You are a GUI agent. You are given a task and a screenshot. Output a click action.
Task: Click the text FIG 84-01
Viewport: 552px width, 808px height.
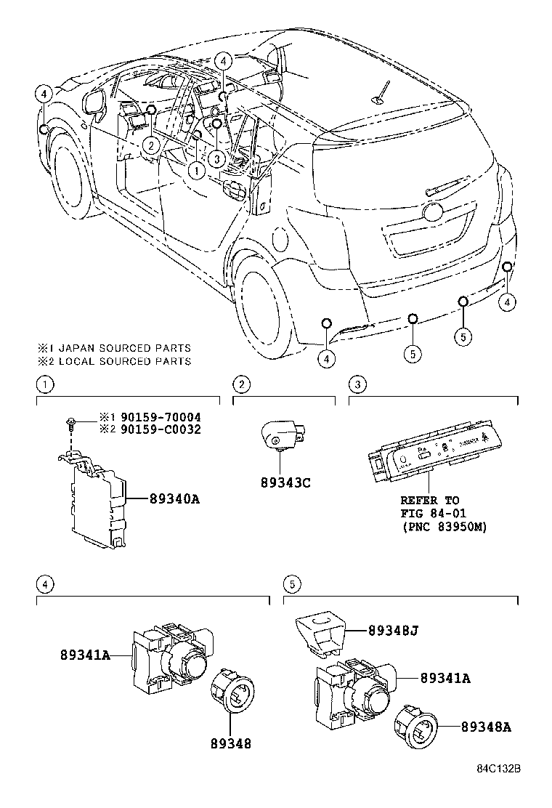429,513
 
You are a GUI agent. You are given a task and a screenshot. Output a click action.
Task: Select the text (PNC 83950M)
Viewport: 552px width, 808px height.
444,526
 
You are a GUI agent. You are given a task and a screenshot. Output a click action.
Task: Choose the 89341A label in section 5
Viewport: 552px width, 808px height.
445,678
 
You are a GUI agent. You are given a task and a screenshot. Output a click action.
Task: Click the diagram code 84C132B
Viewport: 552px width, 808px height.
500,788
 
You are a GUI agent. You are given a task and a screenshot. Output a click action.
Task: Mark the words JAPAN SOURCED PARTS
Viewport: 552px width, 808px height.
124,348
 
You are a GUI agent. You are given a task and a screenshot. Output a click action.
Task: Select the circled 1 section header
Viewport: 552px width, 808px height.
44,384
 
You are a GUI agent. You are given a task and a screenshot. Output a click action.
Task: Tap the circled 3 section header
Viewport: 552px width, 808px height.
356,384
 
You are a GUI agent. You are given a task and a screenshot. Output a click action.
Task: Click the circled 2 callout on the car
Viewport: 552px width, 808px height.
149,145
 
